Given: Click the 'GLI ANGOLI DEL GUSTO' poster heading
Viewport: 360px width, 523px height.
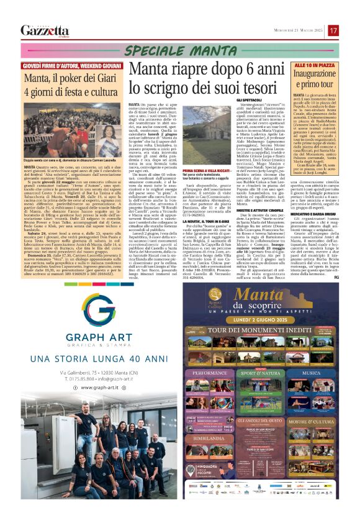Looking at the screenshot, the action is point(260,419).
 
